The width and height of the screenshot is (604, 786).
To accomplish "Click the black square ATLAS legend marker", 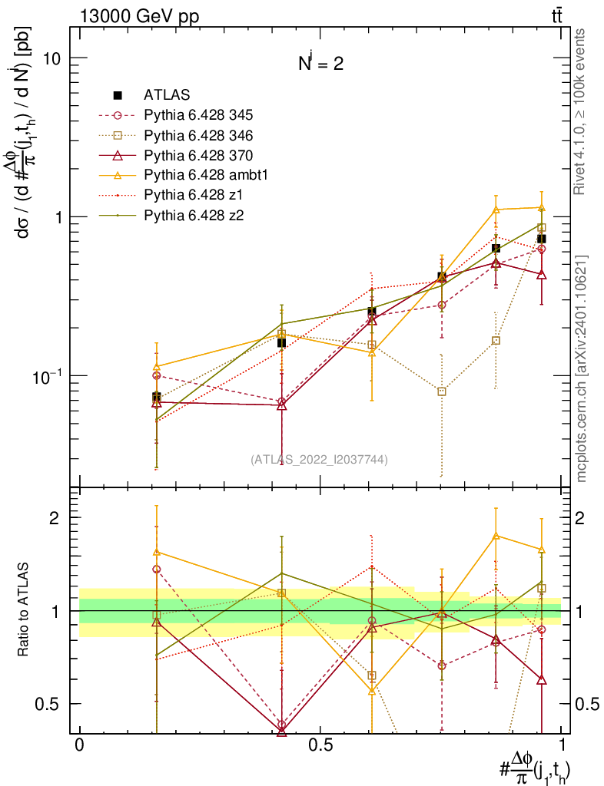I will (118, 95).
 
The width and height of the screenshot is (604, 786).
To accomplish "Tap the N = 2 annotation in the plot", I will (321, 64).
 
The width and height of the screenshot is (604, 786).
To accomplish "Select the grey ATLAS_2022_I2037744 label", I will (319, 460).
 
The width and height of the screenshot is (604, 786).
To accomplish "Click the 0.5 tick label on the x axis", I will (320, 745).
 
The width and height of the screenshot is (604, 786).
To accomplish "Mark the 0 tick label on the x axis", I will (79, 745).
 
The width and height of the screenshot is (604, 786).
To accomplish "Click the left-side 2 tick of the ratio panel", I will (55, 517).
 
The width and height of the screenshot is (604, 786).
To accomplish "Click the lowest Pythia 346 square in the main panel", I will (442, 391).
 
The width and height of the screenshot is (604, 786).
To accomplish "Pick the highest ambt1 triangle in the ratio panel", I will (496, 536).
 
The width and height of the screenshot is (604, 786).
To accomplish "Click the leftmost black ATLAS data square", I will (157, 397).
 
